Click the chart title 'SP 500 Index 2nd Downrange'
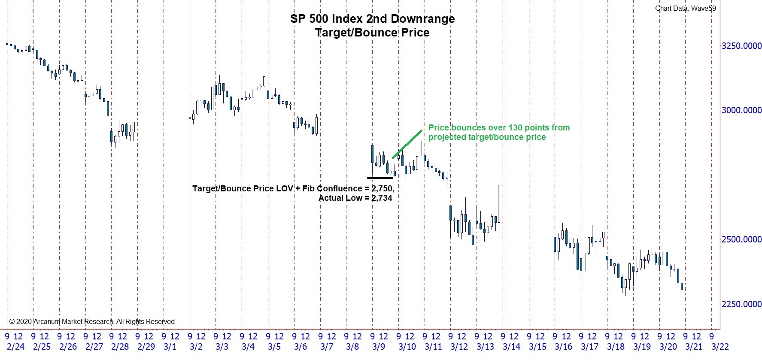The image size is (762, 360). coord(372,19)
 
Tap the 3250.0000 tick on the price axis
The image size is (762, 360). coord(741,46)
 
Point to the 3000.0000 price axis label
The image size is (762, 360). coord(741,110)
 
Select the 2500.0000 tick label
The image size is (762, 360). coord(741,239)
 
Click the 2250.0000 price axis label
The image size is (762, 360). coord(741,304)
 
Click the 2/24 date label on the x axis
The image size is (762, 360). coord(16,347)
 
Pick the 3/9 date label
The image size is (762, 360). coord(379,347)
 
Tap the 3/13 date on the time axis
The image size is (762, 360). coord(485,347)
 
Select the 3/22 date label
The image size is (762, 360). coord(720,347)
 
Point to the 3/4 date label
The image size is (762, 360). coord(248,347)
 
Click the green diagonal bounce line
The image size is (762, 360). coord(407,144)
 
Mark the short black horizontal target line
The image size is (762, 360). coord(380,177)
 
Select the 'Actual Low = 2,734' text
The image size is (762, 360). coord(355,198)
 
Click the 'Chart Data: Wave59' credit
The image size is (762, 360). coord(685,8)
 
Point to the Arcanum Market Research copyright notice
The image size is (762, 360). coord(92,321)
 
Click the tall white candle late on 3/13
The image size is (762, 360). coord(499,203)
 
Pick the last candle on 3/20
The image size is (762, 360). coord(682,287)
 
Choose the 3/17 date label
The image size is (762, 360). coord(589,347)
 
